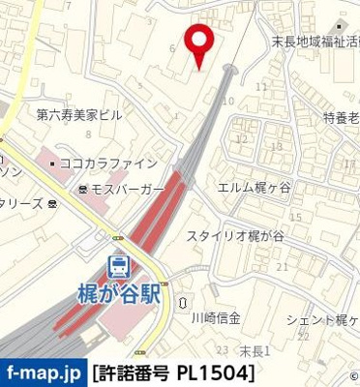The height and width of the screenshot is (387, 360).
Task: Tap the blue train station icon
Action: (118, 267)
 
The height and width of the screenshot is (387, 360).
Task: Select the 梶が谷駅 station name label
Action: (118, 292)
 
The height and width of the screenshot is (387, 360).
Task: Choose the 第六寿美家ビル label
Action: (79, 114)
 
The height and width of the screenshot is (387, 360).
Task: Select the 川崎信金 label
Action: (215, 317)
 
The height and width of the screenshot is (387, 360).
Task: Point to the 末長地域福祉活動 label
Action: (315, 45)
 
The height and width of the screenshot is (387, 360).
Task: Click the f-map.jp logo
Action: (43, 372)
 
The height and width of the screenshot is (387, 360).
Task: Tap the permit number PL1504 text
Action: (174, 372)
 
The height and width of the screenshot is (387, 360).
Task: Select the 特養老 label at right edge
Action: (341, 117)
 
